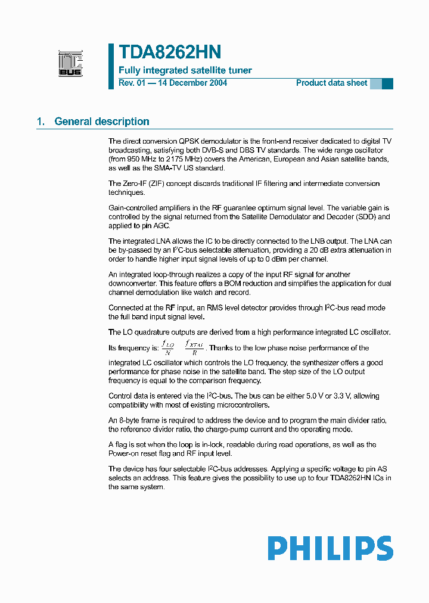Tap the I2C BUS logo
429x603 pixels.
tap(70, 64)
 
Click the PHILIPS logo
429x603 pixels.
tap(330, 548)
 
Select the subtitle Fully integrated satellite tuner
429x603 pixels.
tap(185, 70)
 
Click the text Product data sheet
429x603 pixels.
tap(331, 83)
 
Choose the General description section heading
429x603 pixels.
tap(101, 122)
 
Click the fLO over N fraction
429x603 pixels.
tap(168, 347)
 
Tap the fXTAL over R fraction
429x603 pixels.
tap(194, 347)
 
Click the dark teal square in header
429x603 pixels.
tap(387, 83)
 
